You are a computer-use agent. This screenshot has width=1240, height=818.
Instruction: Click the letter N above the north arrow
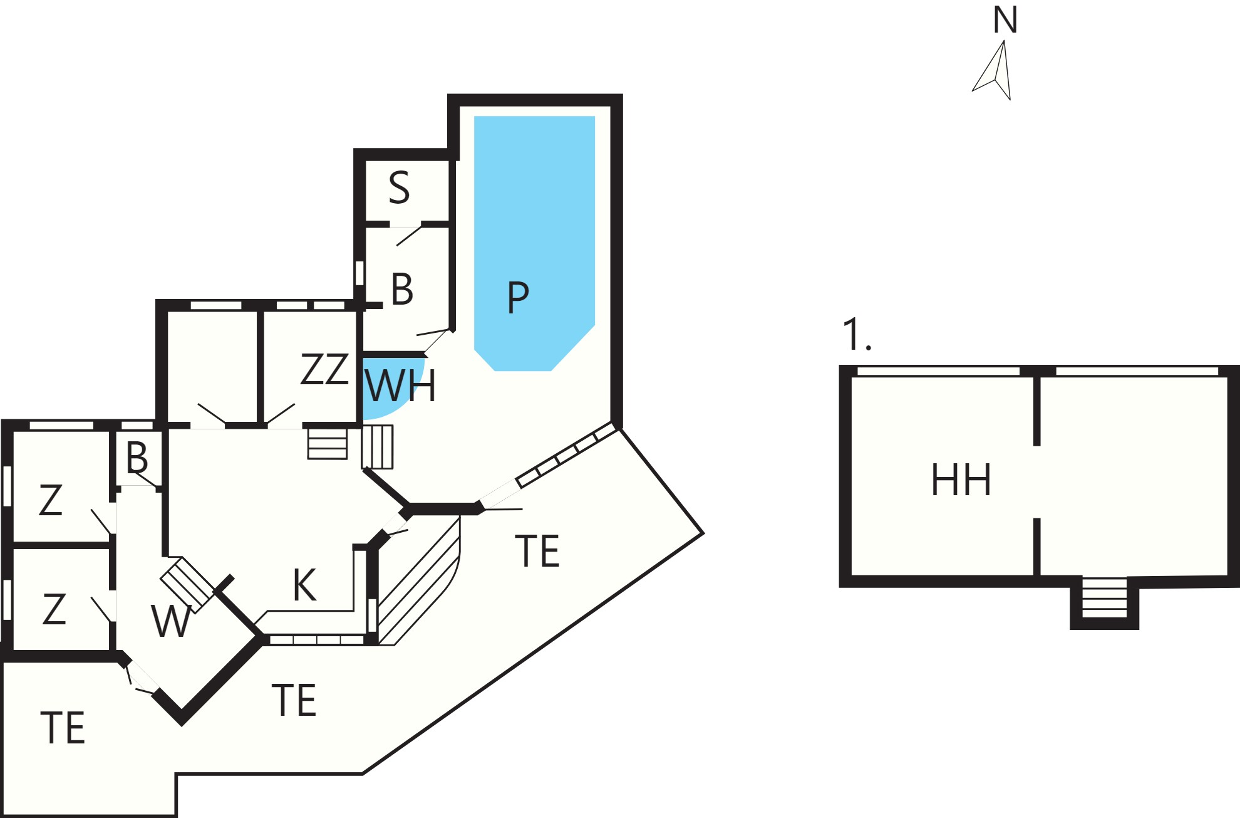pyautogui.click(x=1005, y=20)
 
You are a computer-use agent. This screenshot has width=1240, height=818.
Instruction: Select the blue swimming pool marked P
pyautogui.click(x=534, y=243)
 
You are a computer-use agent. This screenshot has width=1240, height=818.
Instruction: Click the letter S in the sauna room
pyautogui.click(x=400, y=187)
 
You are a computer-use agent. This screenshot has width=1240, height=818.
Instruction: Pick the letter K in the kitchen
pyautogui.click(x=304, y=585)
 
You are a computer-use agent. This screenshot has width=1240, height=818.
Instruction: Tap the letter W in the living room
pyautogui.click(x=171, y=621)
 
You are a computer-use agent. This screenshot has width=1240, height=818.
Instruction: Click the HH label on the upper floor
pyautogui.click(x=961, y=480)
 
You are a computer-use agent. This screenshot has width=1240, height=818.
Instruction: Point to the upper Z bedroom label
pyautogui.click(x=51, y=500)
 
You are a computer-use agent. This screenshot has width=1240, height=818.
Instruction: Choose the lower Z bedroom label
pyautogui.click(x=54, y=609)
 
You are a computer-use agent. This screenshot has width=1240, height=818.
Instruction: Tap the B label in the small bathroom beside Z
pyautogui.click(x=137, y=458)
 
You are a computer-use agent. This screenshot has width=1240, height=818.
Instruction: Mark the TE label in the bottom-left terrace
pyautogui.click(x=63, y=728)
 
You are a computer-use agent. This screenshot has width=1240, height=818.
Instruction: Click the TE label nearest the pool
pyautogui.click(x=537, y=551)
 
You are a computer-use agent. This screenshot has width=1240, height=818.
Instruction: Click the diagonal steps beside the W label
pyautogui.click(x=188, y=585)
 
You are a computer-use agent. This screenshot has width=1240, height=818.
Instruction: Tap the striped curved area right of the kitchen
pyautogui.click(x=418, y=580)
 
